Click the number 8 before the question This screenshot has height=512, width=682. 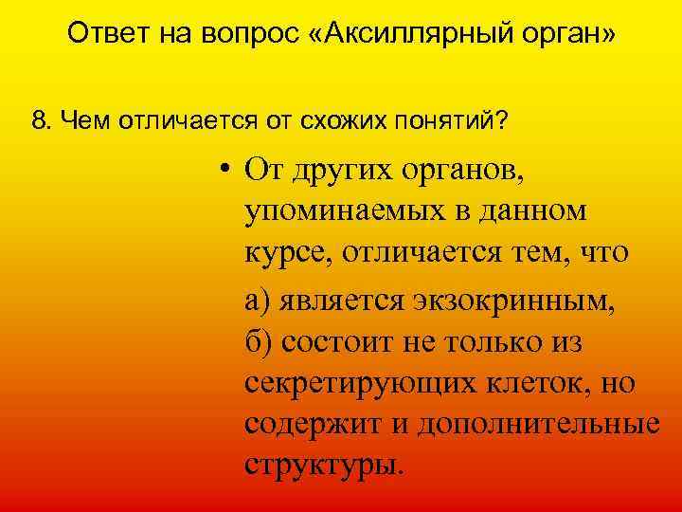(x=38, y=121)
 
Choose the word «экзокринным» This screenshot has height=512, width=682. (x=512, y=300)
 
